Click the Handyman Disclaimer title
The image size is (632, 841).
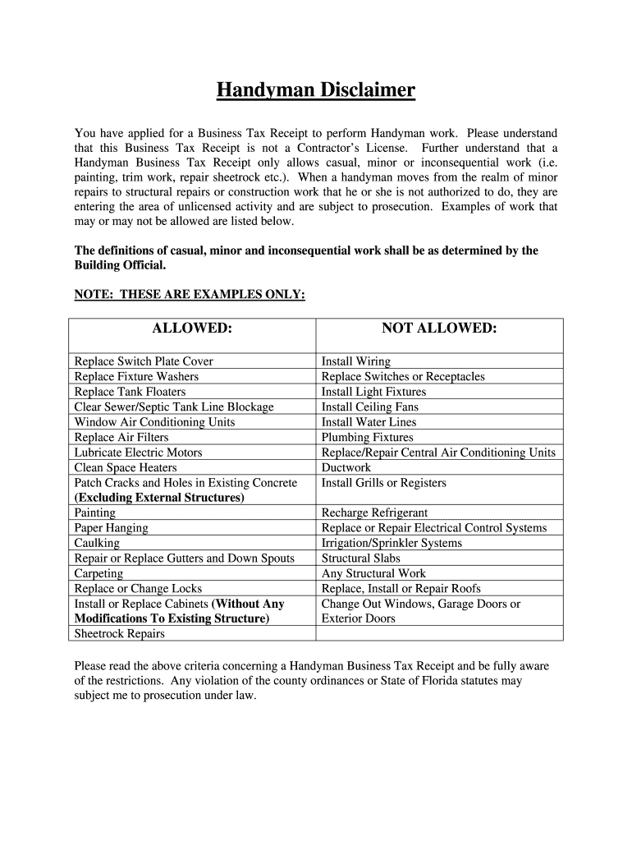pyautogui.click(x=316, y=89)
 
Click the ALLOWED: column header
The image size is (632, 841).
pyautogui.click(x=192, y=329)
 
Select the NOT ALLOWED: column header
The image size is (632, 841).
pyautogui.click(x=439, y=329)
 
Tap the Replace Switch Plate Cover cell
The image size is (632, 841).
pyautogui.click(x=144, y=361)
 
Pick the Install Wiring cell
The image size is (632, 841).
pyautogui.click(x=356, y=361)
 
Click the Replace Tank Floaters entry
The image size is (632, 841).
pyautogui.click(x=130, y=392)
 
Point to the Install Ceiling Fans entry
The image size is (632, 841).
pyautogui.click(x=369, y=407)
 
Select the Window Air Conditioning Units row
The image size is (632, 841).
pyautogui.click(x=154, y=422)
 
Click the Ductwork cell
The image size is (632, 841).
pyautogui.click(x=346, y=467)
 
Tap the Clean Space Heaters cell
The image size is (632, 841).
pyautogui.click(x=126, y=467)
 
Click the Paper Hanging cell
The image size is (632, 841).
pyautogui.click(x=111, y=528)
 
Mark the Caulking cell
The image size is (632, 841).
pyautogui.click(x=97, y=543)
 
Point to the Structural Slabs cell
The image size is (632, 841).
pyautogui.click(x=362, y=558)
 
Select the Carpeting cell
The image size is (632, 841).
pyautogui.click(x=99, y=573)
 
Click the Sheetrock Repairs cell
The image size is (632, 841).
pyautogui.click(x=119, y=634)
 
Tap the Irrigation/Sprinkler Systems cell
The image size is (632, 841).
pyautogui.click(x=392, y=543)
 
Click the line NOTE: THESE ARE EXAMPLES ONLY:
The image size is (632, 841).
pyautogui.click(x=190, y=295)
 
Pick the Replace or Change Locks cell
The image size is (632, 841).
pyautogui.click(x=138, y=589)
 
